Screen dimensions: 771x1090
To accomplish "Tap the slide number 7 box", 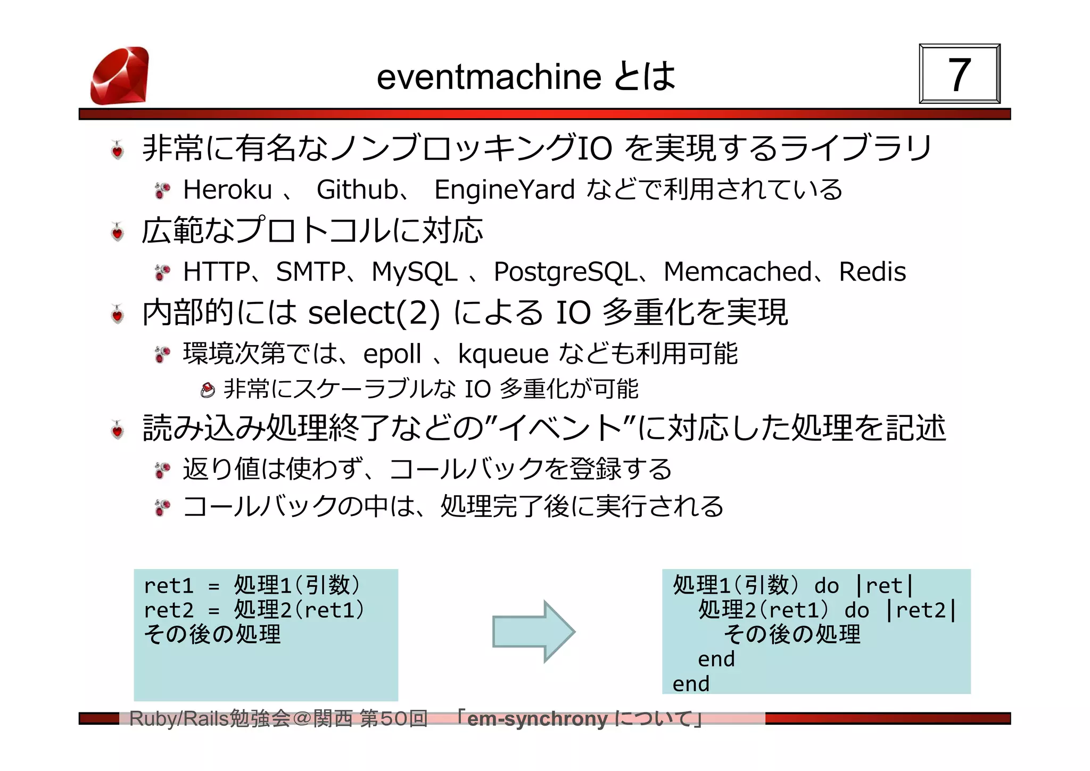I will pyautogui.click(x=959, y=74).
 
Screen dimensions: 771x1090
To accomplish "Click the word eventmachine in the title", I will pyautogui.click(x=489, y=77).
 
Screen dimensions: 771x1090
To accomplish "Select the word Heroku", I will pyautogui.click(x=227, y=190).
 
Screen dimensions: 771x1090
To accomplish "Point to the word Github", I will pyautogui.click(x=357, y=190).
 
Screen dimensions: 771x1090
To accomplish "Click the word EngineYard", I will pyautogui.click(x=504, y=190).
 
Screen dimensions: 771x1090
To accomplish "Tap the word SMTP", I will pyautogui.click(x=311, y=272).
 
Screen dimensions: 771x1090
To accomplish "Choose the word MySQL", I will pyautogui.click(x=414, y=272).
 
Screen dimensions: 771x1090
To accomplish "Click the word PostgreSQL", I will pyautogui.click(x=565, y=272).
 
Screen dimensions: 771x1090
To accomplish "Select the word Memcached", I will pyautogui.click(x=738, y=272).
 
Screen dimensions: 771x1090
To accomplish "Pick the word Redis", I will pyautogui.click(x=872, y=272).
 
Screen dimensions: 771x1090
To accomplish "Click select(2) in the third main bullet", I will pyautogui.click(x=374, y=313).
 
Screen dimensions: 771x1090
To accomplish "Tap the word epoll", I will pyautogui.click(x=392, y=354).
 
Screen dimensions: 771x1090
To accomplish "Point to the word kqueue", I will pyautogui.click(x=503, y=354).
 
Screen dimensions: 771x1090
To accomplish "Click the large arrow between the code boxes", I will pyautogui.click(x=533, y=631).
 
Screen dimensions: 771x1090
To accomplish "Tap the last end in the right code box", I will pyautogui.click(x=691, y=684).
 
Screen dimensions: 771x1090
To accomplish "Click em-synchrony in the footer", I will pyautogui.click(x=537, y=719).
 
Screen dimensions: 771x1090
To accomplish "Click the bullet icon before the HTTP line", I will pyautogui.click(x=162, y=272).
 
